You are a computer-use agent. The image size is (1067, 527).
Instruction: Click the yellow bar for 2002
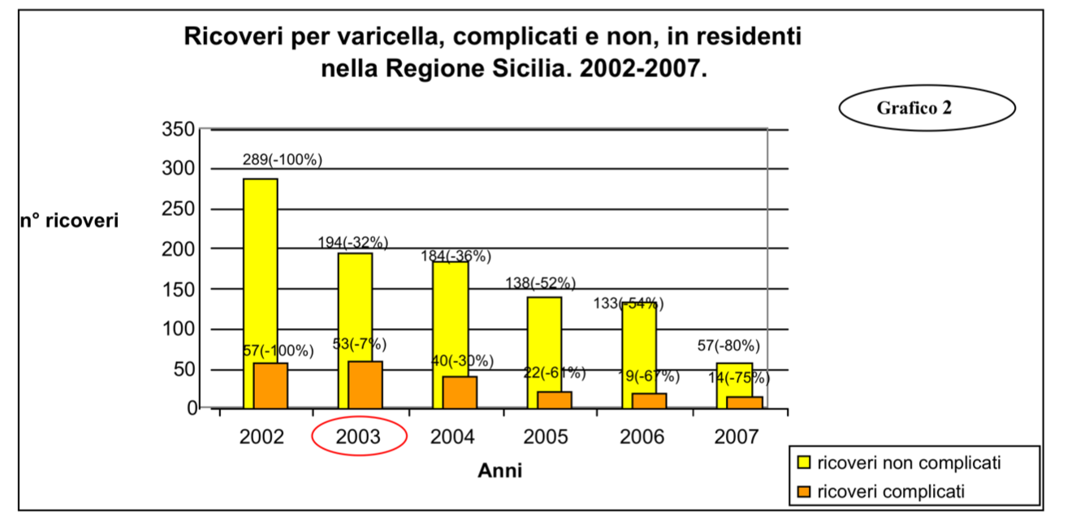tap(260, 268)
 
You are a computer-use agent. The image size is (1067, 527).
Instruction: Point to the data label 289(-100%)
tap(282, 160)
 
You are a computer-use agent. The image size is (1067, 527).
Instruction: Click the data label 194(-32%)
tap(353, 242)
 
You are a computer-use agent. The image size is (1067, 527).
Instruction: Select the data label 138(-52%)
tap(541, 283)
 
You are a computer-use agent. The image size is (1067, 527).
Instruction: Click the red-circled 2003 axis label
tap(359, 437)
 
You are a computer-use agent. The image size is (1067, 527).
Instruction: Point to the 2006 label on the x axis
tap(641, 437)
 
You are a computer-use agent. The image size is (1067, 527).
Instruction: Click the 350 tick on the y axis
tap(179, 129)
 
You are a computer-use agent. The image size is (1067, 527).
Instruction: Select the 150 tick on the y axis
tap(179, 289)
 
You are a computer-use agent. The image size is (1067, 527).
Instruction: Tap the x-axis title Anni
tap(499, 471)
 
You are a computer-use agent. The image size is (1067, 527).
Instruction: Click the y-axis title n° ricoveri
tap(69, 221)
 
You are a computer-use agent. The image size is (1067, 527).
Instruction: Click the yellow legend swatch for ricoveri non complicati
tap(804, 463)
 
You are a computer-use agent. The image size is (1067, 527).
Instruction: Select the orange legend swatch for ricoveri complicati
tap(804, 490)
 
